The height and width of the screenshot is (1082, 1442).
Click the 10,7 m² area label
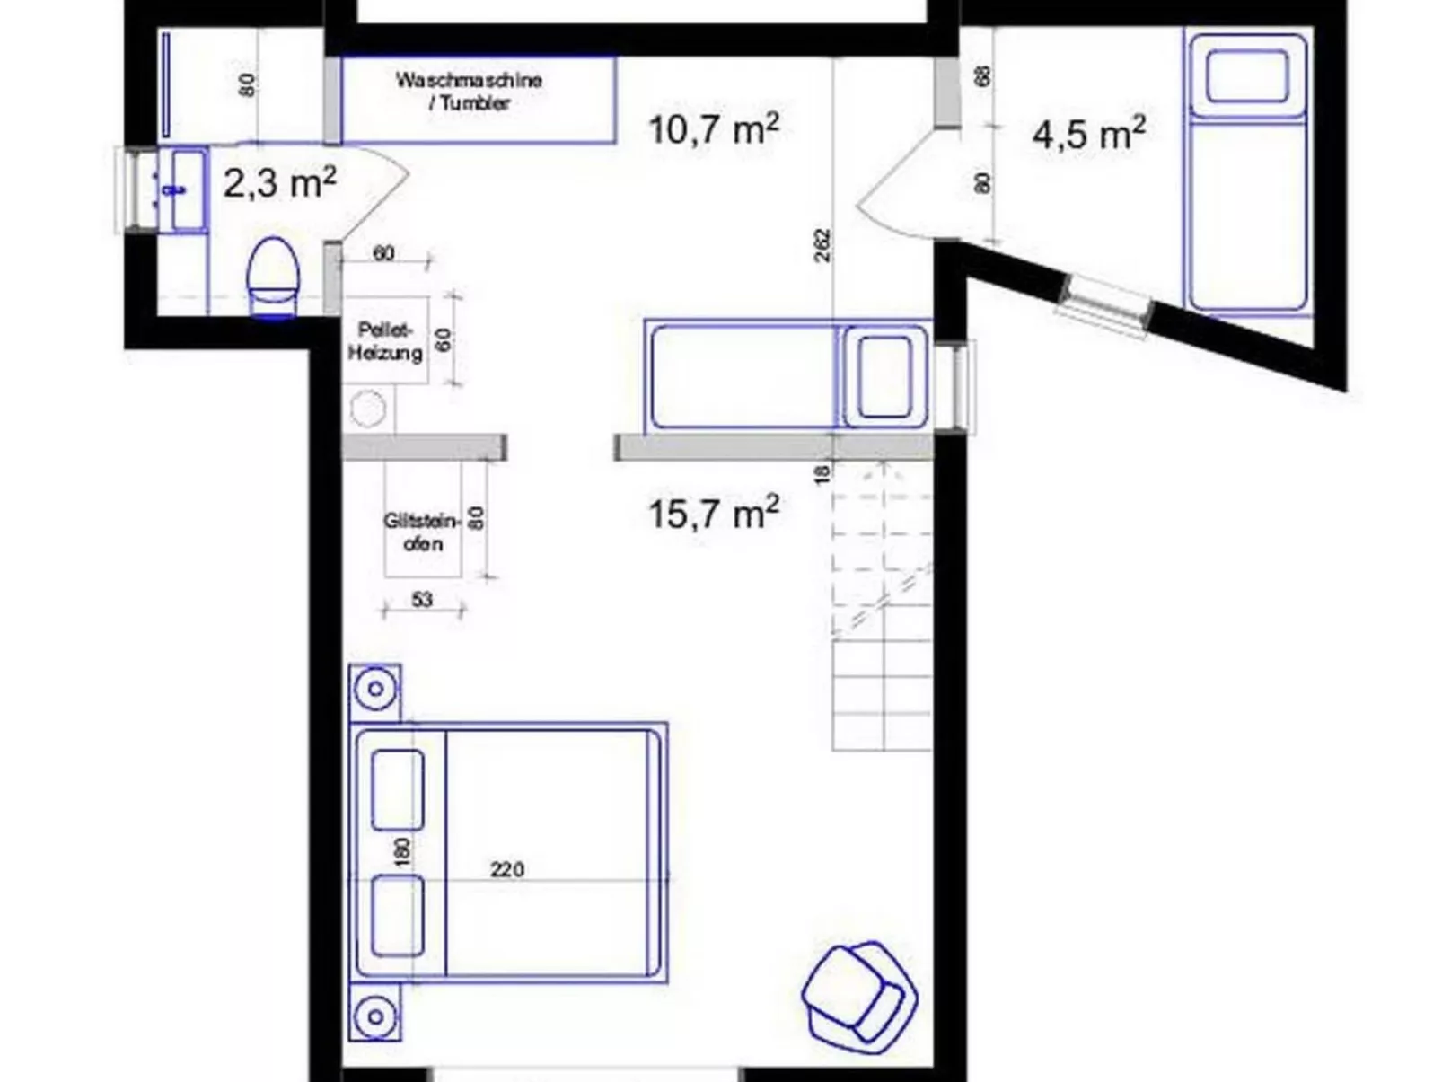(x=713, y=128)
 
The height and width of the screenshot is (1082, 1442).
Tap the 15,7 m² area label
(x=713, y=514)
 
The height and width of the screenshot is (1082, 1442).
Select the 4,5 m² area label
(x=1088, y=134)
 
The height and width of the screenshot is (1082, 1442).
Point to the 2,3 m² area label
(x=279, y=183)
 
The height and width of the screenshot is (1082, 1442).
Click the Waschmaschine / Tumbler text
(x=469, y=91)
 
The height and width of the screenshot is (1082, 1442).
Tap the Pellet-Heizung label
(x=385, y=341)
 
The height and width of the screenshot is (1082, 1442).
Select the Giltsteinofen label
(x=421, y=532)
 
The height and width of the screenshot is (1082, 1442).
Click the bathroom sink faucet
(x=174, y=189)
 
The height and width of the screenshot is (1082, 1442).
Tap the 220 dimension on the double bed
(x=507, y=869)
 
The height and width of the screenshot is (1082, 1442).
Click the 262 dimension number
(x=822, y=245)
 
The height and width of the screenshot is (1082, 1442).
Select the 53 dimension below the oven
(x=422, y=599)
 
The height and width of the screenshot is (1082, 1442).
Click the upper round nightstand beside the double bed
(x=375, y=691)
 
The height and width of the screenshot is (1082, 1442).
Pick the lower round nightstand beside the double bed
(x=375, y=1016)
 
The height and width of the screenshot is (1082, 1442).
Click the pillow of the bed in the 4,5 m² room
(x=1246, y=75)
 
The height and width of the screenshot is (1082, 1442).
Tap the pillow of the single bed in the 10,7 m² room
(x=884, y=377)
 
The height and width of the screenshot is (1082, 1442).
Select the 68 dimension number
(x=983, y=76)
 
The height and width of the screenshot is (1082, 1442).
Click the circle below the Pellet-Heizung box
(x=368, y=410)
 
